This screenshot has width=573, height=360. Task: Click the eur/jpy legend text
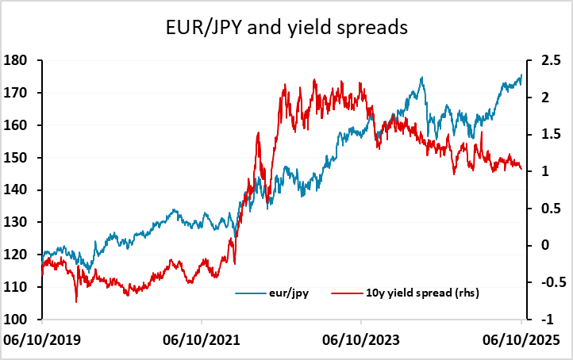point(293,293)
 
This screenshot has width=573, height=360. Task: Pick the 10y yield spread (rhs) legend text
point(429,293)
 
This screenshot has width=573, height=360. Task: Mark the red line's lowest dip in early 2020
point(76,301)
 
